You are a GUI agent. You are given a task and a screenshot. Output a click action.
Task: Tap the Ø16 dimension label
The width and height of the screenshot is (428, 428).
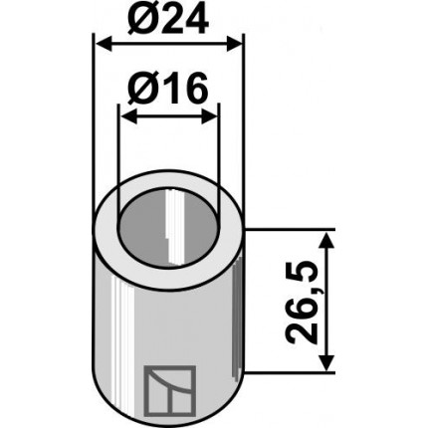tap(168, 87)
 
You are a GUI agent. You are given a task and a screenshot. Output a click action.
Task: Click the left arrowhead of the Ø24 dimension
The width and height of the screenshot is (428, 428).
tap(103, 44)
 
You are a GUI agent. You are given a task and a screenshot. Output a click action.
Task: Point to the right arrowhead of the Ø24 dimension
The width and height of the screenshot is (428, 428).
tap(235, 44)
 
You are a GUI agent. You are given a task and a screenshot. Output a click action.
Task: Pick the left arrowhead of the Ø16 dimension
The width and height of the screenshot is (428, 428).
tap(128, 117)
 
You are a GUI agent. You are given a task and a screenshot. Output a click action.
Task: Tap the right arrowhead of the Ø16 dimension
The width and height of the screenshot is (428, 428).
tap(210, 117)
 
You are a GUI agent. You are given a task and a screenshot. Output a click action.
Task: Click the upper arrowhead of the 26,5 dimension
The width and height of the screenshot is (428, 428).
tap(326, 241)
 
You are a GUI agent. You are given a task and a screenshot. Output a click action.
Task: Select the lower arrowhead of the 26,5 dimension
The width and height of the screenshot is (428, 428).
tap(326, 362)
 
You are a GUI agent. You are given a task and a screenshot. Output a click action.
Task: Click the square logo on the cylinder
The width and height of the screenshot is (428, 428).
tap(170, 391)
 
